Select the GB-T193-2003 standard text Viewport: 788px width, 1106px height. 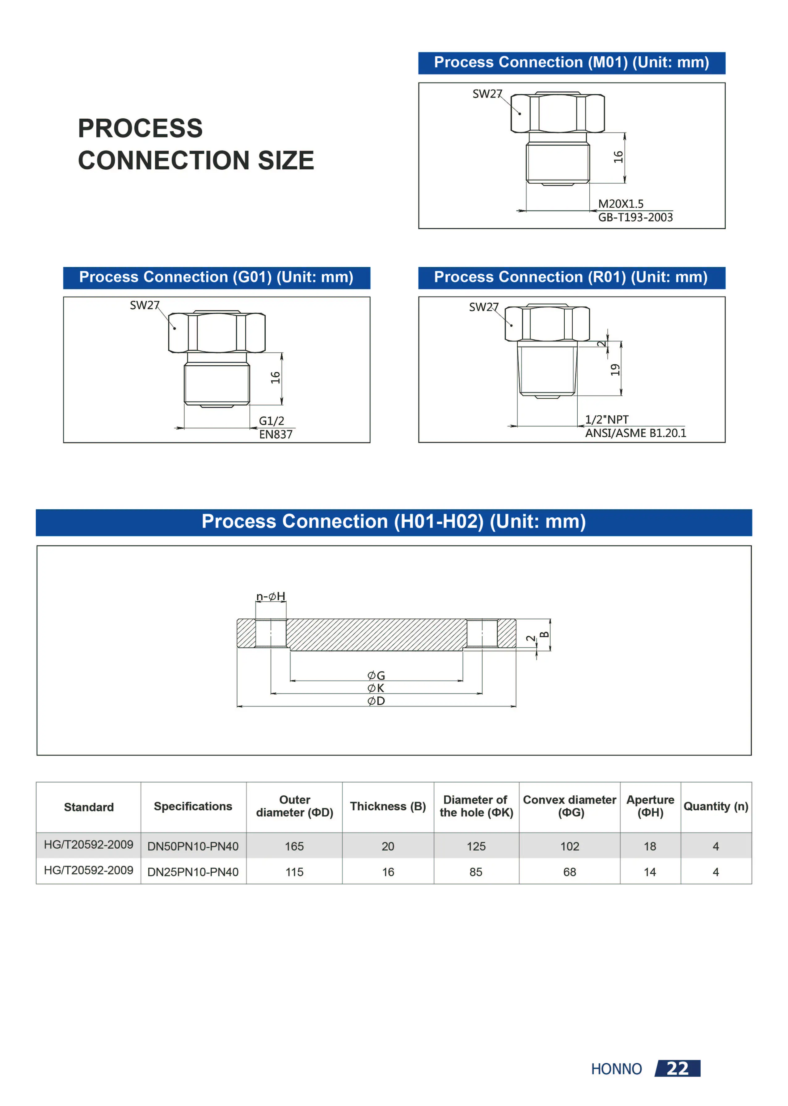pos(635,218)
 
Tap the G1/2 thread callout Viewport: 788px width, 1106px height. pos(271,421)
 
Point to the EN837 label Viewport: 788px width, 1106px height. pos(276,434)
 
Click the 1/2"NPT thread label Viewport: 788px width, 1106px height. pos(607,419)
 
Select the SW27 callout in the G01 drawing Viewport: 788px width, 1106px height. pos(144,305)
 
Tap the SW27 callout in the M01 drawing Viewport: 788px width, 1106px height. pos(487,94)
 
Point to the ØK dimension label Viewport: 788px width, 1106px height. pos(376,688)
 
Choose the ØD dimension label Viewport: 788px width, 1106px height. pos(376,701)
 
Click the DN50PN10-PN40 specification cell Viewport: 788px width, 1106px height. pos(193,846)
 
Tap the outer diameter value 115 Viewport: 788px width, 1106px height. pos(294,872)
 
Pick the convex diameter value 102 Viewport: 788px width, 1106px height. pos(570,846)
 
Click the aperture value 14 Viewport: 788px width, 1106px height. pos(650,872)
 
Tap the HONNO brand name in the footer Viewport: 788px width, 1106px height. pos(616,1069)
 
